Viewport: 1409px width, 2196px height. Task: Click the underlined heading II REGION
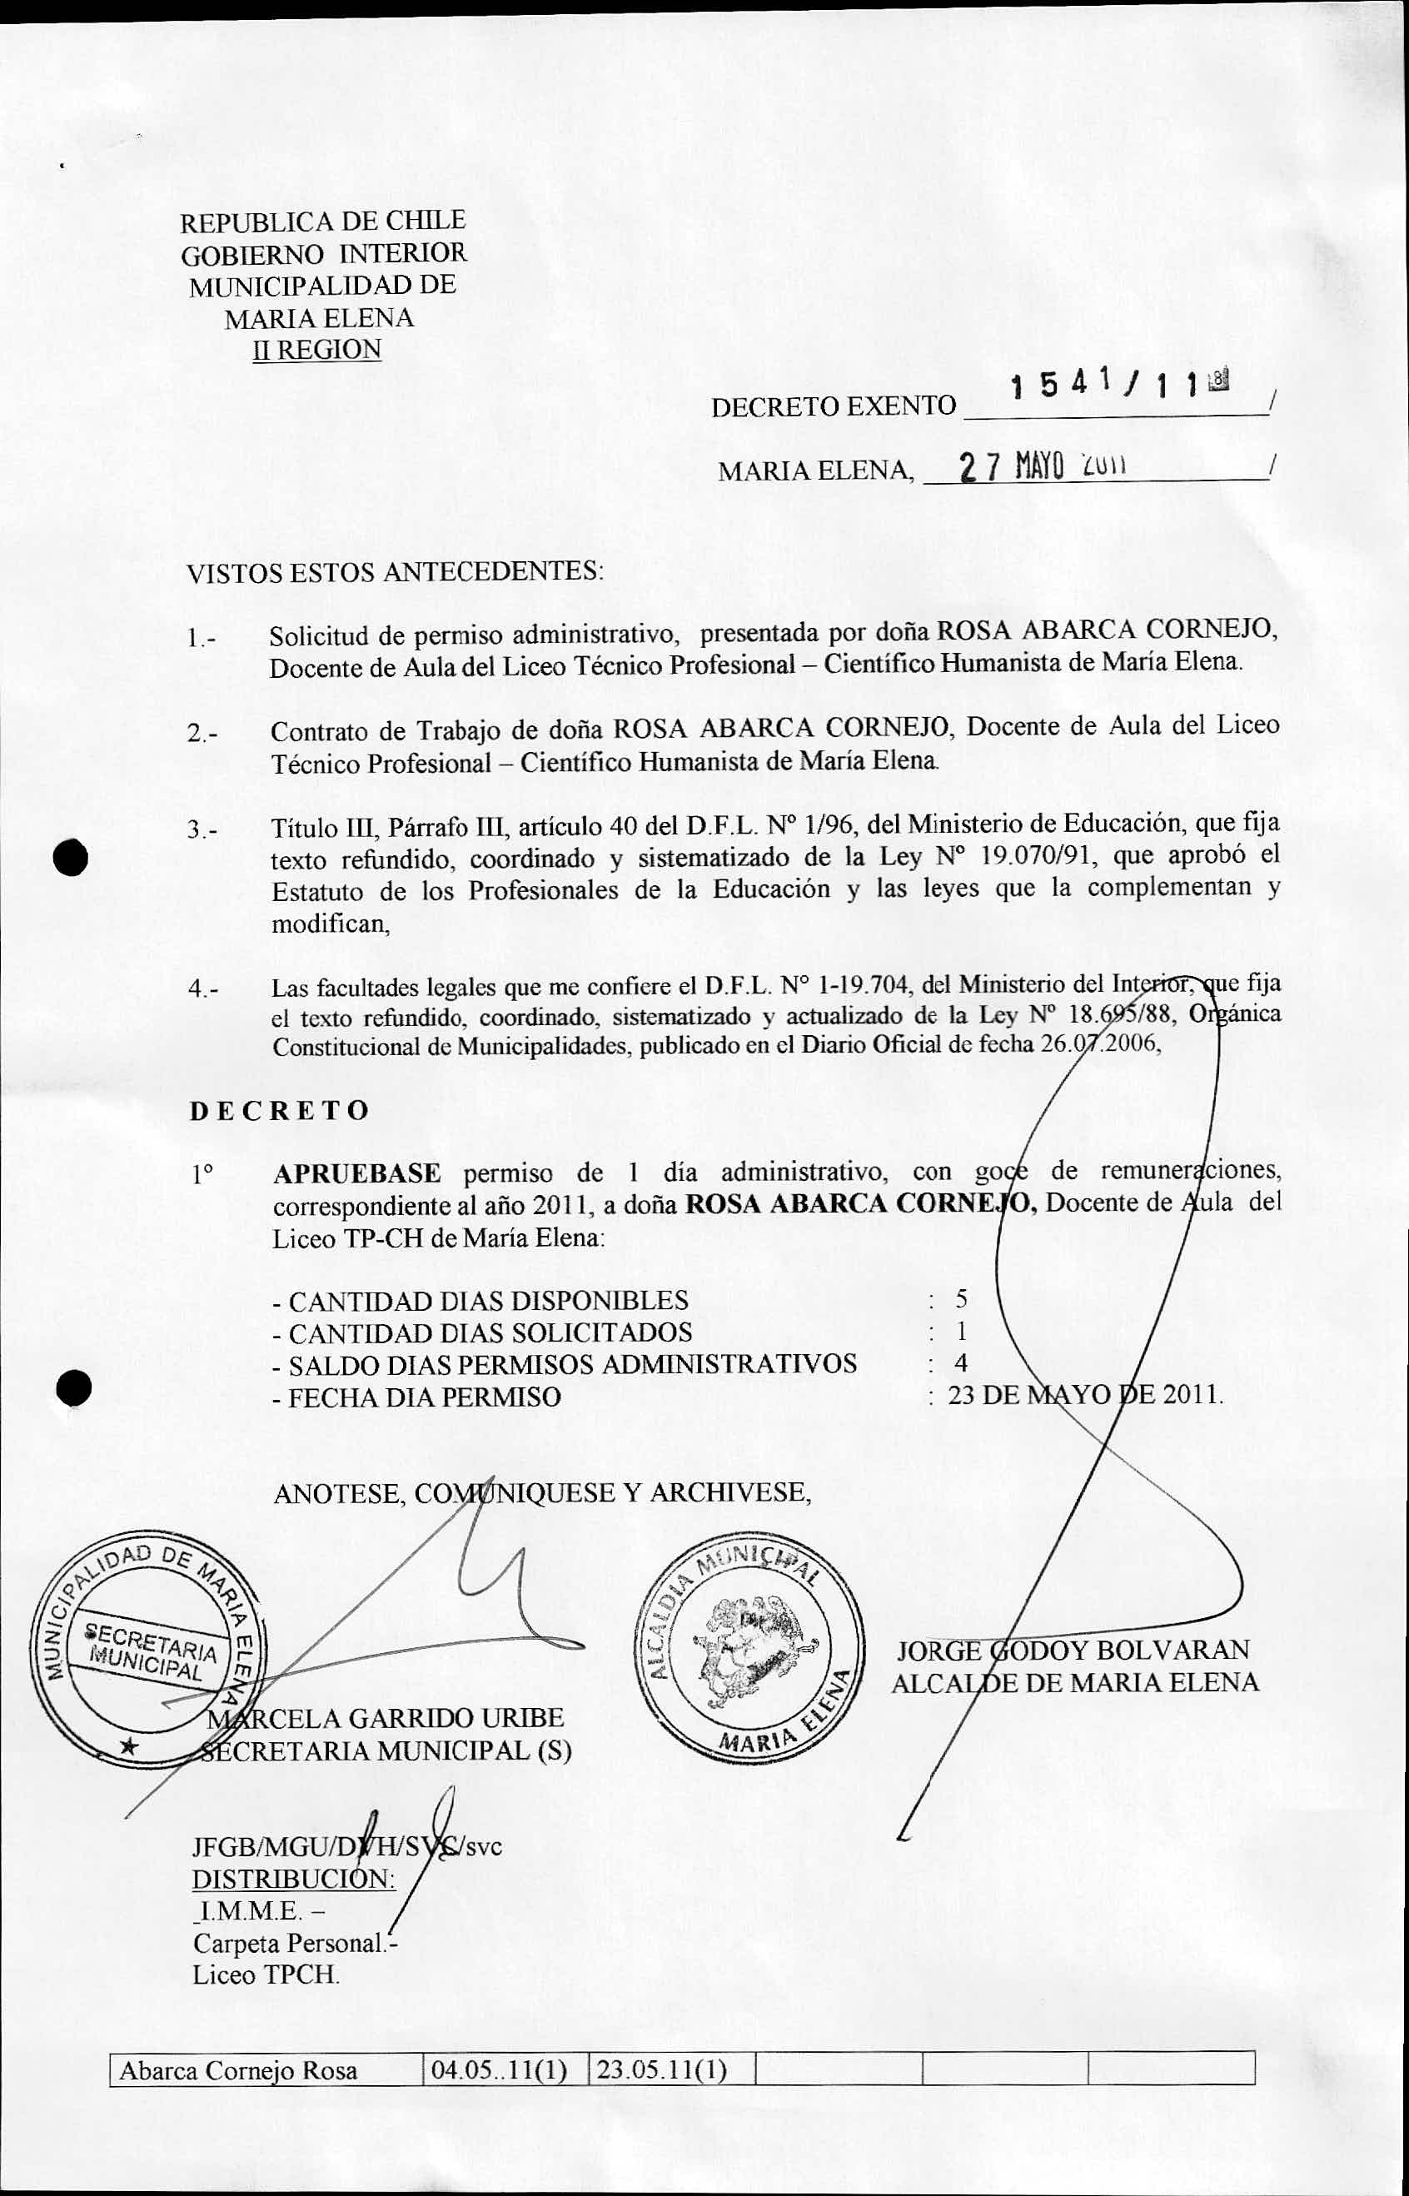pos(316,350)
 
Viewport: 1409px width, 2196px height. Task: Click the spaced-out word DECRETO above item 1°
pos(279,1111)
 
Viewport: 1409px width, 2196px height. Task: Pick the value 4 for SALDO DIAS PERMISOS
pos(961,1363)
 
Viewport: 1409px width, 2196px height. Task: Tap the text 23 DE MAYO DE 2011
pos(1085,1397)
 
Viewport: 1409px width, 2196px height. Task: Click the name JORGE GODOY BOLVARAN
pos(1073,1650)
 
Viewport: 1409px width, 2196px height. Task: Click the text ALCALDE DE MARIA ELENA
pos(1075,1683)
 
